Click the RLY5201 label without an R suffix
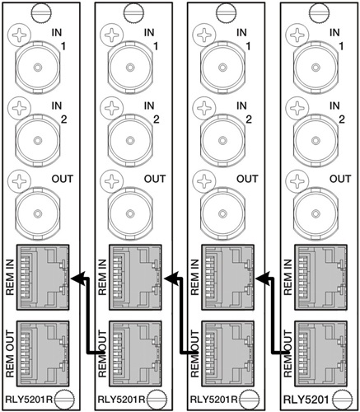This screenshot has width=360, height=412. tap(306, 399)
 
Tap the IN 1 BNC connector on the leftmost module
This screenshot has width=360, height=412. tap(37, 68)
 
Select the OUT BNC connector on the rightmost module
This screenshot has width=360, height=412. tap(316, 213)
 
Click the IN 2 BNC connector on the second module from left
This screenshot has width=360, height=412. tap(130, 140)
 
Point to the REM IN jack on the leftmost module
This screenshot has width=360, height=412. tap(43, 278)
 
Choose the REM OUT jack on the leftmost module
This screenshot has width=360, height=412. tap(43, 353)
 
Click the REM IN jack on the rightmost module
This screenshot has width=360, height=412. tap(320, 278)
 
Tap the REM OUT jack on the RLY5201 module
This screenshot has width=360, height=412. tap(320, 353)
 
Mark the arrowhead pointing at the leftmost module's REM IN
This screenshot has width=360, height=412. tap(77, 279)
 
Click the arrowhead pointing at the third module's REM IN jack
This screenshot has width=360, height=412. tap(263, 279)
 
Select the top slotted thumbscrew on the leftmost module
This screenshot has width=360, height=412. tap(41, 12)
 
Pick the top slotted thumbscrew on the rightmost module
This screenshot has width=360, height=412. tap(319, 12)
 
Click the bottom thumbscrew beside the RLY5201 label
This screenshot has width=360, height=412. tap(342, 399)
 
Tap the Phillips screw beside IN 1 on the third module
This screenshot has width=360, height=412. tap(204, 35)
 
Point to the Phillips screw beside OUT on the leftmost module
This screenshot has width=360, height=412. tap(19, 181)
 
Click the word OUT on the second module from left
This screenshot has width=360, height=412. tap(155, 179)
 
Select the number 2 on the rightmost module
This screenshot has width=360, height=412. tap(342, 119)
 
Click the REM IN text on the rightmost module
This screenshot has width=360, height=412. tap(288, 277)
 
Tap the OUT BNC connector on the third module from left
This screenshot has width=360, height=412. tap(223, 213)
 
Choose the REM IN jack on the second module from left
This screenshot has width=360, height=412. tap(136, 278)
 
